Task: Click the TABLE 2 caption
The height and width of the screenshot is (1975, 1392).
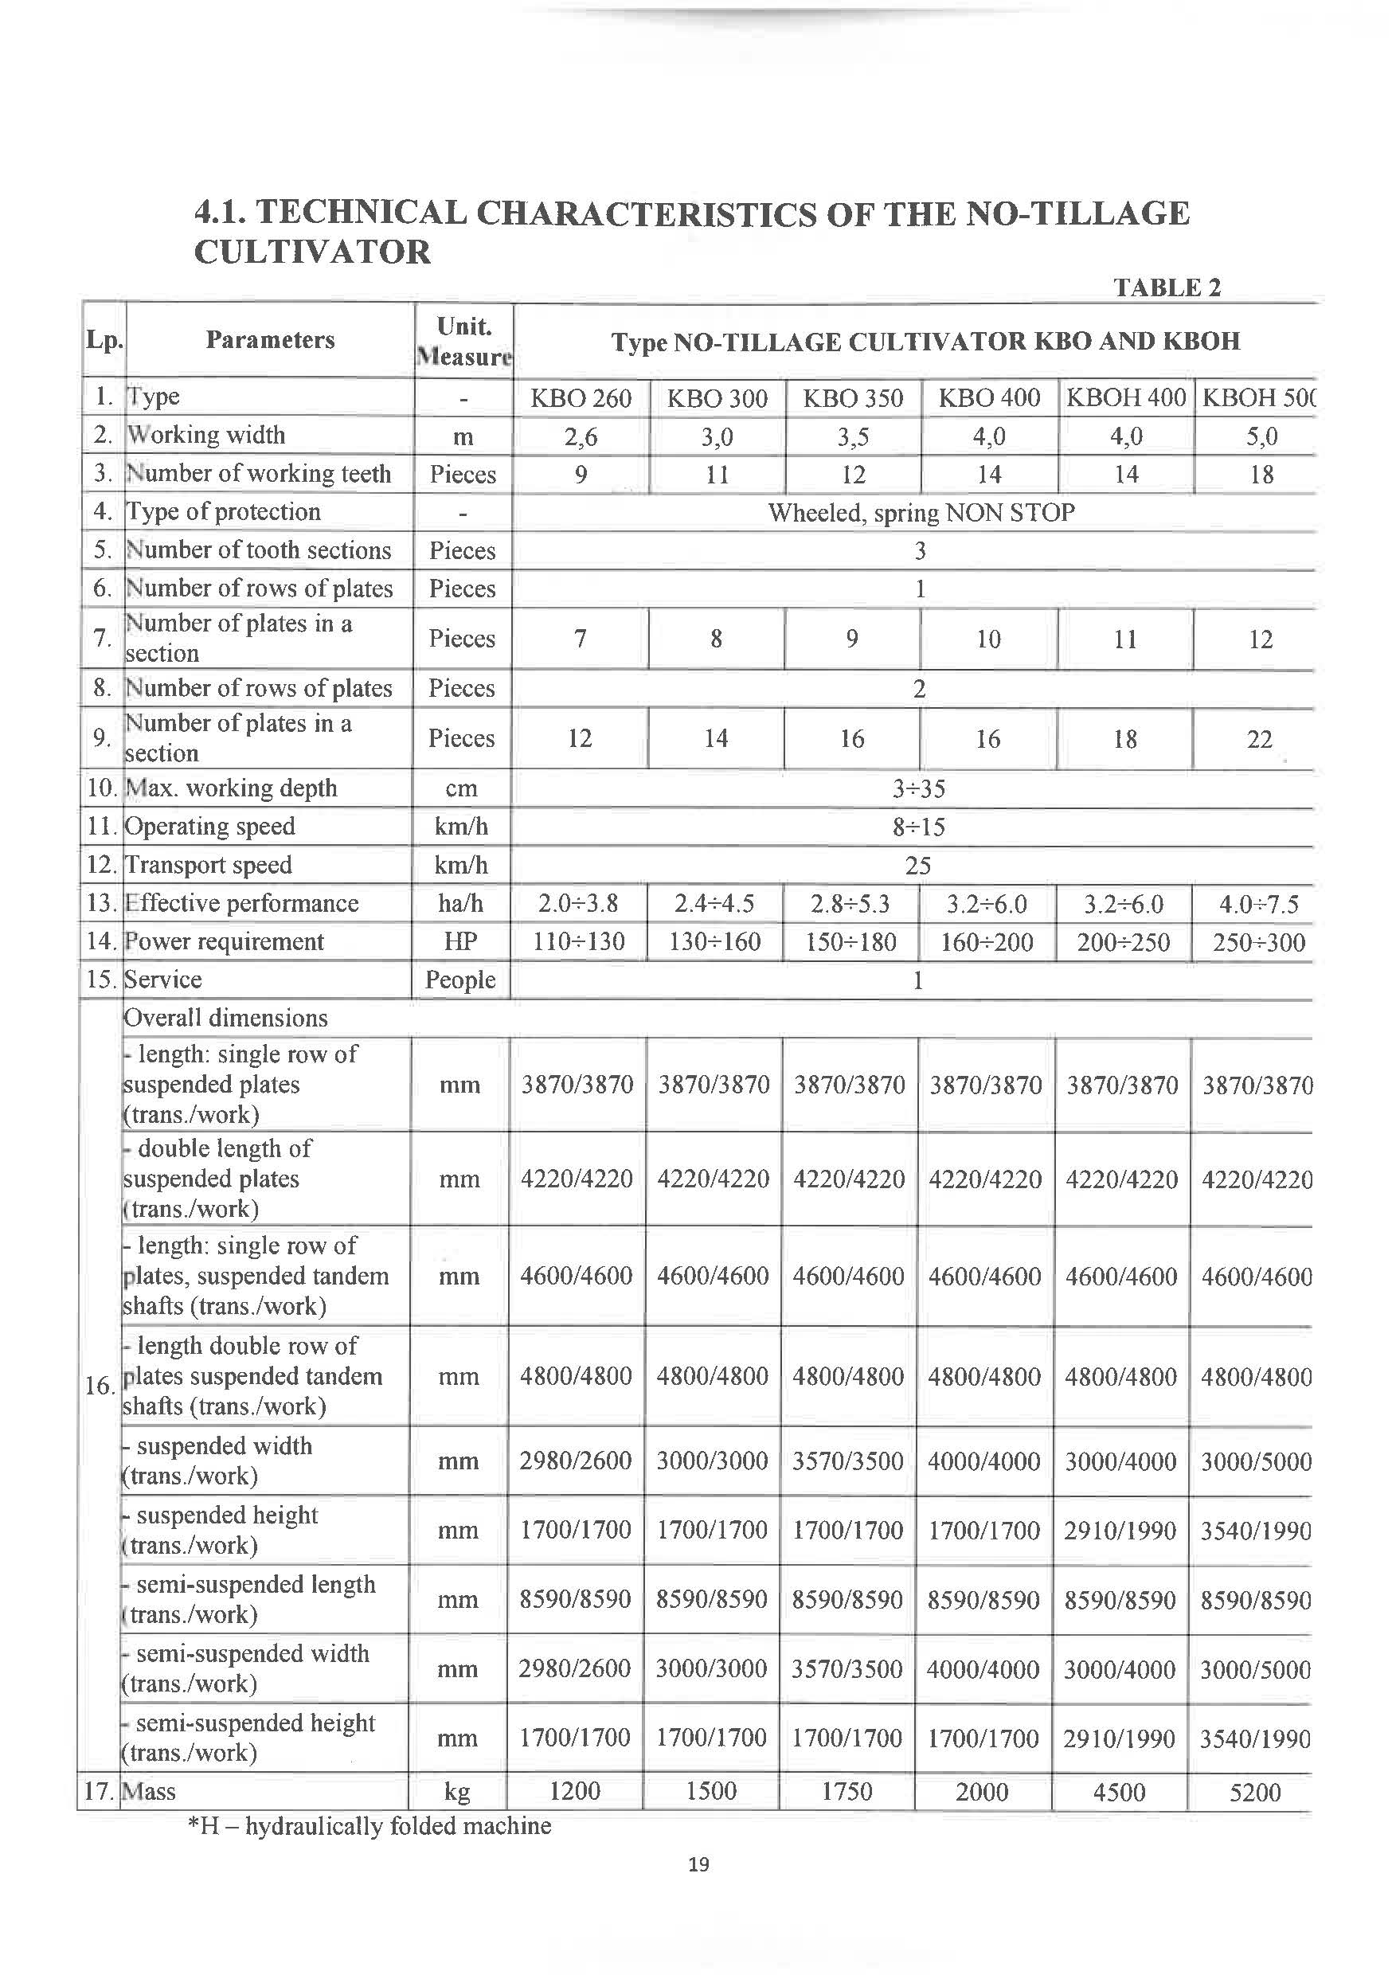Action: coord(1167,287)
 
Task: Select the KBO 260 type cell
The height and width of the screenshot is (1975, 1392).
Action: coord(581,398)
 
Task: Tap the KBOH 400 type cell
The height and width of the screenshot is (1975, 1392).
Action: coord(1125,397)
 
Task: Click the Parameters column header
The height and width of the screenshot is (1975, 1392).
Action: coord(269,340)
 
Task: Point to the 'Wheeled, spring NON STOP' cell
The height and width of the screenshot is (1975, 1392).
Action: coord(921,513)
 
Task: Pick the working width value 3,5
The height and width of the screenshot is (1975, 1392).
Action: coord(853,437)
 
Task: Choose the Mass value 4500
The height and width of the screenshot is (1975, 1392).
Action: coord(1118,1792)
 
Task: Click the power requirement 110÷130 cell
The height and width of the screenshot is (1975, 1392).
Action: coord(578,942)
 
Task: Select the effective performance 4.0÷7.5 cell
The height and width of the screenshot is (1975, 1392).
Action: coord(1259,904)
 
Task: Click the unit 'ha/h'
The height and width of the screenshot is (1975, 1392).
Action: coord(461,903)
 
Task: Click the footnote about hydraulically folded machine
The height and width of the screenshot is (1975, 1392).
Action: coord(370,1825)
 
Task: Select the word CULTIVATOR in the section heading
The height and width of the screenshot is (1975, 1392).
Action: coord(312,252)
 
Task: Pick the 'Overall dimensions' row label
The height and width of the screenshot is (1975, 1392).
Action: coord(225,1018)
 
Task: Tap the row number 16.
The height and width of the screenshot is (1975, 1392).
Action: coord(100,1386)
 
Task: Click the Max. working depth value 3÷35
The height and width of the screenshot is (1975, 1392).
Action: coord(918,788)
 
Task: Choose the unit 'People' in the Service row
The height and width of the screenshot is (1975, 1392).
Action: coord(460,980)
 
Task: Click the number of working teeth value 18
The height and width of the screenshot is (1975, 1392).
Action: coord(1261,475)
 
